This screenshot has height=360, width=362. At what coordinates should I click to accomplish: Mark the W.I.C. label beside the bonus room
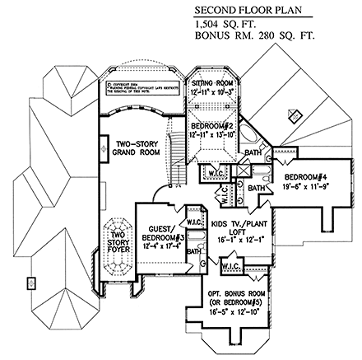(x=230, y=266)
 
